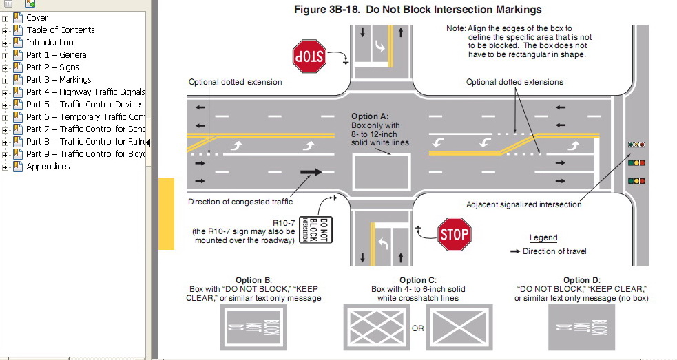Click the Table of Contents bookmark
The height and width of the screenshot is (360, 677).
pos(60,30)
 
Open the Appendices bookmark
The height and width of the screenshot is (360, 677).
pos(48,167)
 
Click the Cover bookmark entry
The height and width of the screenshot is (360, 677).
pos(37,18)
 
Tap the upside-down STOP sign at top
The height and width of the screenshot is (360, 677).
pos(309,55)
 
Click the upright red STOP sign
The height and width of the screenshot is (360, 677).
pos(455,234)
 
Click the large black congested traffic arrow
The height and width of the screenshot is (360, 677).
pos(311,171)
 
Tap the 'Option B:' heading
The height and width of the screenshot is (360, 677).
pos(253,280)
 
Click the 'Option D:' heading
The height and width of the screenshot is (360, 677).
pos(582,280)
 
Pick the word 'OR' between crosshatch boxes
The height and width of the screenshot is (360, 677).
pos(418,328)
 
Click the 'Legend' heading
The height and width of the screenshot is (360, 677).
pos(543,237)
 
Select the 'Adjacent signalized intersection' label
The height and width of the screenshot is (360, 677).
pos(523,204)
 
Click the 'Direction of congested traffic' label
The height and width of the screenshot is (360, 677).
pos(240,202)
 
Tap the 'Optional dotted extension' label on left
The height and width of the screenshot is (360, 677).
pos(236,82)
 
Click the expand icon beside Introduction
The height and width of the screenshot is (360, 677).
pos(6,43)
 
